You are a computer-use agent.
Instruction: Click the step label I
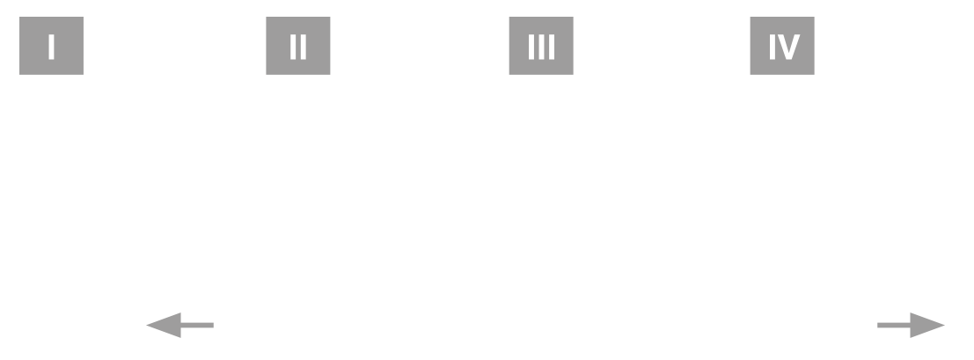coord(51,47)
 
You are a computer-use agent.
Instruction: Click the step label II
coord(297,47)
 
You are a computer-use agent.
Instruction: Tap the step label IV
coord(781,47)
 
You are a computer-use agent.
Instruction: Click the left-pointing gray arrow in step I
coord(179,327)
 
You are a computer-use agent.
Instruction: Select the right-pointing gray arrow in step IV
coord(912,326)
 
